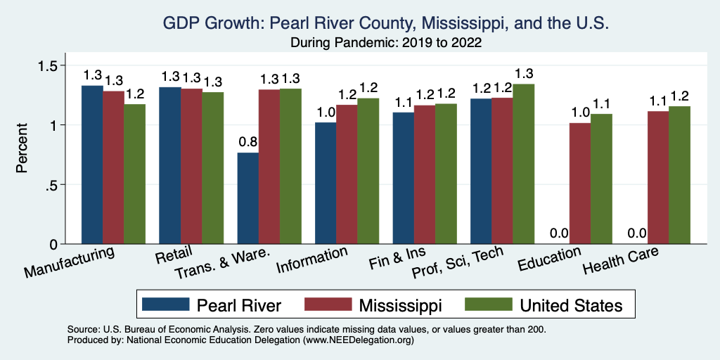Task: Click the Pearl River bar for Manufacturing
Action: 92,165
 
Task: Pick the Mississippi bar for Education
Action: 580,184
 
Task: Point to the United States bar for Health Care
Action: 679,175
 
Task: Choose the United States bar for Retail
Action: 213,168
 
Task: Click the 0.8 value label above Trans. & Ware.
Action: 248,142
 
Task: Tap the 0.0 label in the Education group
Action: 559,233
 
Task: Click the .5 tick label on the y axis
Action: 67,185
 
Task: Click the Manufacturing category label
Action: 70,262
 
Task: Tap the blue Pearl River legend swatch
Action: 166,304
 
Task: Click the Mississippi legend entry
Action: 400,305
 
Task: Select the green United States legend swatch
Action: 488,304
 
